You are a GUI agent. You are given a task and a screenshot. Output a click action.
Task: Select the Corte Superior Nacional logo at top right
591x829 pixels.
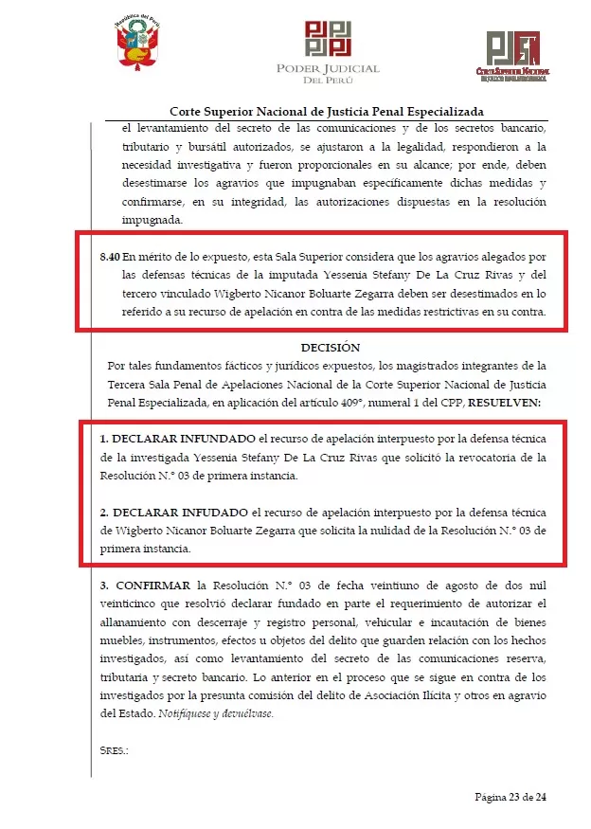click(512, 54)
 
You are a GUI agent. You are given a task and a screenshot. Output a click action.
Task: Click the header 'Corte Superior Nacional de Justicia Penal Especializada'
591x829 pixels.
click(326, 111)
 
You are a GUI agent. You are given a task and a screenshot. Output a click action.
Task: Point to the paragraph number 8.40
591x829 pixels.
click(110, 257)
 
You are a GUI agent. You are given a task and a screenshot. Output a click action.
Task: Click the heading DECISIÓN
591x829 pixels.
click(331, 348)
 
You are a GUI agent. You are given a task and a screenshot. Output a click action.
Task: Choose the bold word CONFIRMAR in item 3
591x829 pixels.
click(151, 585)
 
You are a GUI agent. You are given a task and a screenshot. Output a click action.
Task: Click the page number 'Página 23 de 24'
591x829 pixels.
click(510, 797)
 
